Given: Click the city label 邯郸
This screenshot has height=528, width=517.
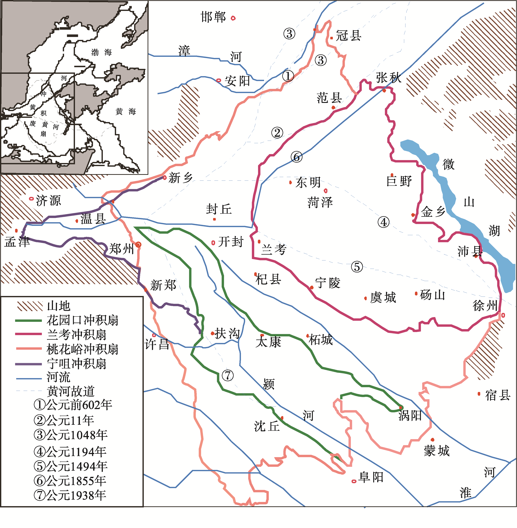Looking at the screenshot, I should (x=213, y=17).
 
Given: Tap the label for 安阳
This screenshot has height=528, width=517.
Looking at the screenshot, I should (x=237, y=81).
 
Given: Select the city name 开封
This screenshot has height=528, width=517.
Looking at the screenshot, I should (x=231, y=241).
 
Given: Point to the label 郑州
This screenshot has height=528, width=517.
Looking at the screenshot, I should (x=121, y=249).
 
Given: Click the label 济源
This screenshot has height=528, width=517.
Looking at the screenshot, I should (x=48, y=201).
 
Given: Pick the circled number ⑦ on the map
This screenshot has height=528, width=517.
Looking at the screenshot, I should (x=227, y=375).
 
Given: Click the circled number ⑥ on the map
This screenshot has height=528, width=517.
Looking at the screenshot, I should (x=296, y=157).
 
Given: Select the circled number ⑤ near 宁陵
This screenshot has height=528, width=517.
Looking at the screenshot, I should (x=357, y=267).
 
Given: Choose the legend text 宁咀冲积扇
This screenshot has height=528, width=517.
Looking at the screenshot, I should (x=77, y=364).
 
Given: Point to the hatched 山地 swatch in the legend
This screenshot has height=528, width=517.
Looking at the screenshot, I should (x=30, y=306).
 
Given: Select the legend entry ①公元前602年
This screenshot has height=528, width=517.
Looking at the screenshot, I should (x=73, y=405).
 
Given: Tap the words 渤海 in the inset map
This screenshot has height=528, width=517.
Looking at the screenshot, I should (x=102, y=52).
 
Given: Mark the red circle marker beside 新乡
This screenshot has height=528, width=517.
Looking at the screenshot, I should (x=165, y=177).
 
